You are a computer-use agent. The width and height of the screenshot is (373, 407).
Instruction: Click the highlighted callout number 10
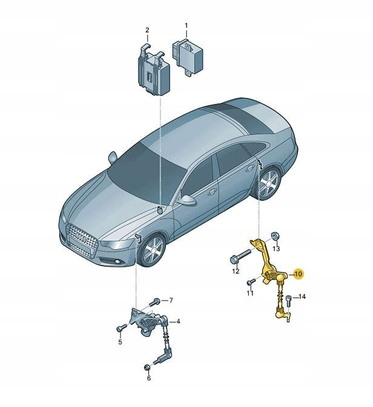click(299, 273)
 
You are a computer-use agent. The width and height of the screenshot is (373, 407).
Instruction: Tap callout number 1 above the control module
click(186, 25)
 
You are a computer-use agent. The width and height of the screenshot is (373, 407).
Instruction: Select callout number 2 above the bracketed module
click(147, 30)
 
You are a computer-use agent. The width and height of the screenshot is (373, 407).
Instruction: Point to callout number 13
click(276, 249)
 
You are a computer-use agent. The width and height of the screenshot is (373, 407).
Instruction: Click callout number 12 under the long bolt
click(236, 272)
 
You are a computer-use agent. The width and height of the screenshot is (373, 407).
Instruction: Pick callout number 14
click(302, 296)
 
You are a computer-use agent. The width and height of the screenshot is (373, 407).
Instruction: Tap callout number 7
click(171, 301)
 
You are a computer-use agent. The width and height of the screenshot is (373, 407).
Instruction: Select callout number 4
click(178, 322)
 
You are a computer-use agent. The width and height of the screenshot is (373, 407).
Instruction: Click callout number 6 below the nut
click(149, 378)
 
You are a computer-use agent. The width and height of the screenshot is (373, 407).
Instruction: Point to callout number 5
click(120, 342)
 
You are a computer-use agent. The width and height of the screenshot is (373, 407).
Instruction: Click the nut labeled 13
click(276, 236)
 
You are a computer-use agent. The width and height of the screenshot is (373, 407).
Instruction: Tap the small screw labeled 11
click(251, 281)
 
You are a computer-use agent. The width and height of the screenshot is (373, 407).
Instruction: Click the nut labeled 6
click(147, 368)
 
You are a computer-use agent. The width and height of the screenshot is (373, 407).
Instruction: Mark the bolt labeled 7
click(154, 302)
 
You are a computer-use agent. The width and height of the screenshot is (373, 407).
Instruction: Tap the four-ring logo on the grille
click(81, 237)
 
